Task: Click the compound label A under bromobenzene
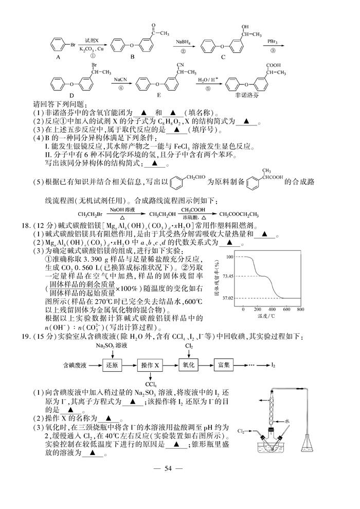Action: tap(59, 57)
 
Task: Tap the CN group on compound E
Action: tap(182, 65)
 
